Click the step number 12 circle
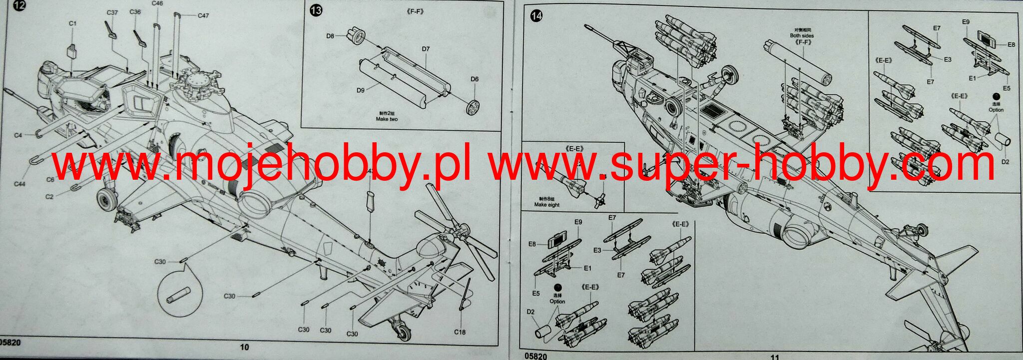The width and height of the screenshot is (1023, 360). point(18,7)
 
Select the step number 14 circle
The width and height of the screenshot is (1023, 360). point(536,16)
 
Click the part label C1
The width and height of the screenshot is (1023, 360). point(72,23)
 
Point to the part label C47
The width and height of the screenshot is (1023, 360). point(203,15)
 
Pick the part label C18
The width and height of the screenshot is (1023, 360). point(460,332)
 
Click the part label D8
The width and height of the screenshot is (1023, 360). point(330,36)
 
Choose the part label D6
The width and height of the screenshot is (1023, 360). point(474,79)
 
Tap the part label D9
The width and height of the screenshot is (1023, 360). point(360,90)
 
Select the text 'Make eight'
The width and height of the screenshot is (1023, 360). point(546,205)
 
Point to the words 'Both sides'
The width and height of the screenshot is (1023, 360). point(802,36)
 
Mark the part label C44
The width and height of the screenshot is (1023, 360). point(19,184)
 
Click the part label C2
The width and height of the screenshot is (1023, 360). point(49,197)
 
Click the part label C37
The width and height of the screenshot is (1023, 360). point(112,12)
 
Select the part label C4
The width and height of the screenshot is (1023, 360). point(18,135)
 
